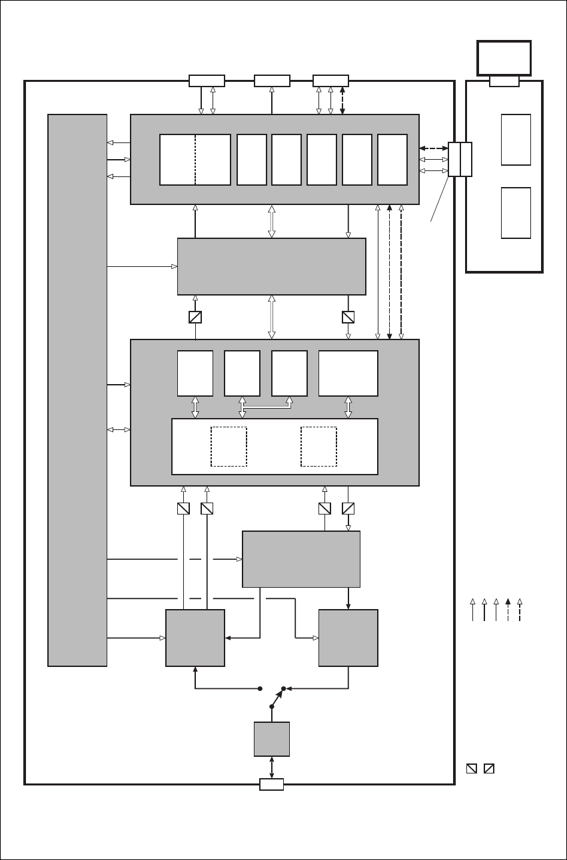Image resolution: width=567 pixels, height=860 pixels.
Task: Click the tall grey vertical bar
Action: (77, 389)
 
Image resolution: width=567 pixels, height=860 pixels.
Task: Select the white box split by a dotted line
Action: (195, 160)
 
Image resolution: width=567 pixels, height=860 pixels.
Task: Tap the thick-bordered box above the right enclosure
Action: (504, 58)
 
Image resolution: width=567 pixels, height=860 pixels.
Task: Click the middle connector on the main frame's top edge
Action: (272, 81)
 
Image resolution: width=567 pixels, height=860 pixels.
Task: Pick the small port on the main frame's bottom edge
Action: (271, 784)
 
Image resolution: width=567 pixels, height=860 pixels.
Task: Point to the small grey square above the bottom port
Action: (272, 739)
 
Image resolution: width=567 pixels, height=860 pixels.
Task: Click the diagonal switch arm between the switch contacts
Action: (277, 697)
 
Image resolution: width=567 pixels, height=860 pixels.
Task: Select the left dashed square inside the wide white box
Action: (229, 447)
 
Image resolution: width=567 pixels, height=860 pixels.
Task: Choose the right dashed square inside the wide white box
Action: (318, 447)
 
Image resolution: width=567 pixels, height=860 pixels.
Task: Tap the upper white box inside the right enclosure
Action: (516, 140)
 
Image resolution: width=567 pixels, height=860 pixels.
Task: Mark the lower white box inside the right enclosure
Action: (516, 213)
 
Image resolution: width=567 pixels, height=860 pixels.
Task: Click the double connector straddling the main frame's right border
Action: (460, 159)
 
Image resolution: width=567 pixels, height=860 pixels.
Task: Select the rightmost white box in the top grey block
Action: (392, 160)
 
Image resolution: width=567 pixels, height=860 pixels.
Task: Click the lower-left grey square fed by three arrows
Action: (195, 638)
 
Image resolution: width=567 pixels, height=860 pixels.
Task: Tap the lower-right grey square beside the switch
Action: (348, 638)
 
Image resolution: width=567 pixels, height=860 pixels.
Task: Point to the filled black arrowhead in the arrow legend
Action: (508, 602)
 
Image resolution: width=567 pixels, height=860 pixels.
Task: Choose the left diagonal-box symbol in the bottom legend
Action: (472, 769)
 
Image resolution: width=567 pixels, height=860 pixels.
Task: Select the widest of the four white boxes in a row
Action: (348, 373)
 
